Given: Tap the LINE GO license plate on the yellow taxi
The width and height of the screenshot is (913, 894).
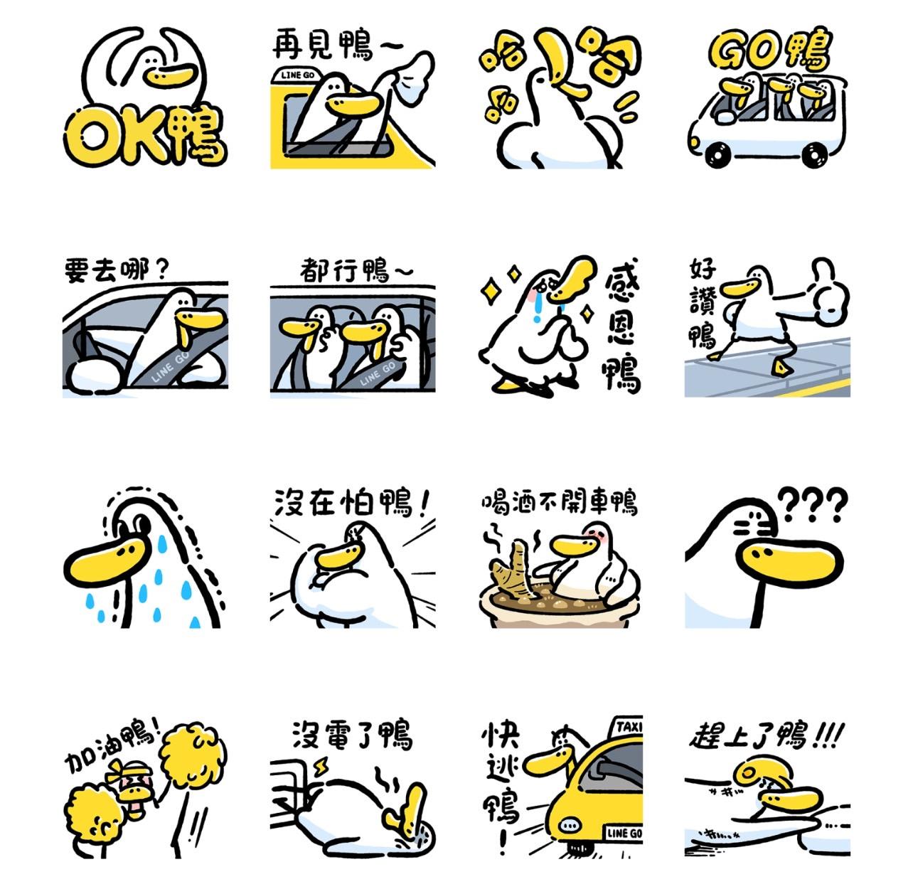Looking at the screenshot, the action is [623, 834].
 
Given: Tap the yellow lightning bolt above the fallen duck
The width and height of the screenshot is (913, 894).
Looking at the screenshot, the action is [321, 768].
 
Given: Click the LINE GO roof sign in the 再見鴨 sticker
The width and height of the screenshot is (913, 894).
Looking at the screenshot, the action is [297, 75].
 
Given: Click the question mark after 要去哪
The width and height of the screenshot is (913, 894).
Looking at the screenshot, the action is [161, 270].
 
